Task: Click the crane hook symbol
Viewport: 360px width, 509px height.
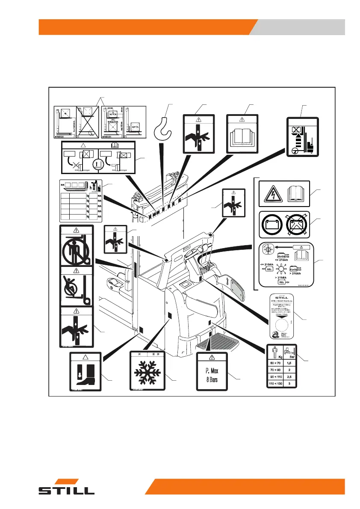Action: [x=162, y=127]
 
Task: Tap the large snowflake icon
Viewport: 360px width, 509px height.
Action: [x=147, y=371]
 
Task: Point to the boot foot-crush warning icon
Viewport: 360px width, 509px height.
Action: [x=86, y=372]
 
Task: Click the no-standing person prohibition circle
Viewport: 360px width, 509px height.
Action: [x=76, y=246]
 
